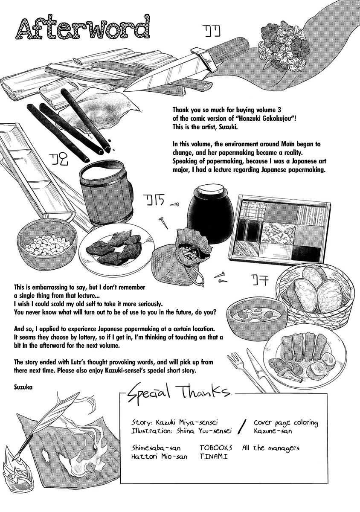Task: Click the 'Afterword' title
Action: pos(83,27)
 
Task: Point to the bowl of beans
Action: pos(47,244)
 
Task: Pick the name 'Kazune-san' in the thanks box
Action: pos(273,431)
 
